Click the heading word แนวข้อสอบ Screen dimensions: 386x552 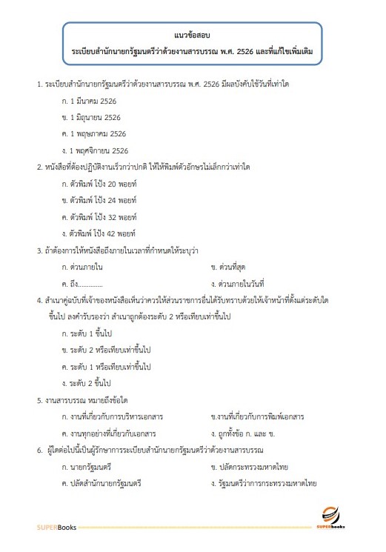coord(192,35)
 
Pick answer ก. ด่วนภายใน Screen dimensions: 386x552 coord(84,265)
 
